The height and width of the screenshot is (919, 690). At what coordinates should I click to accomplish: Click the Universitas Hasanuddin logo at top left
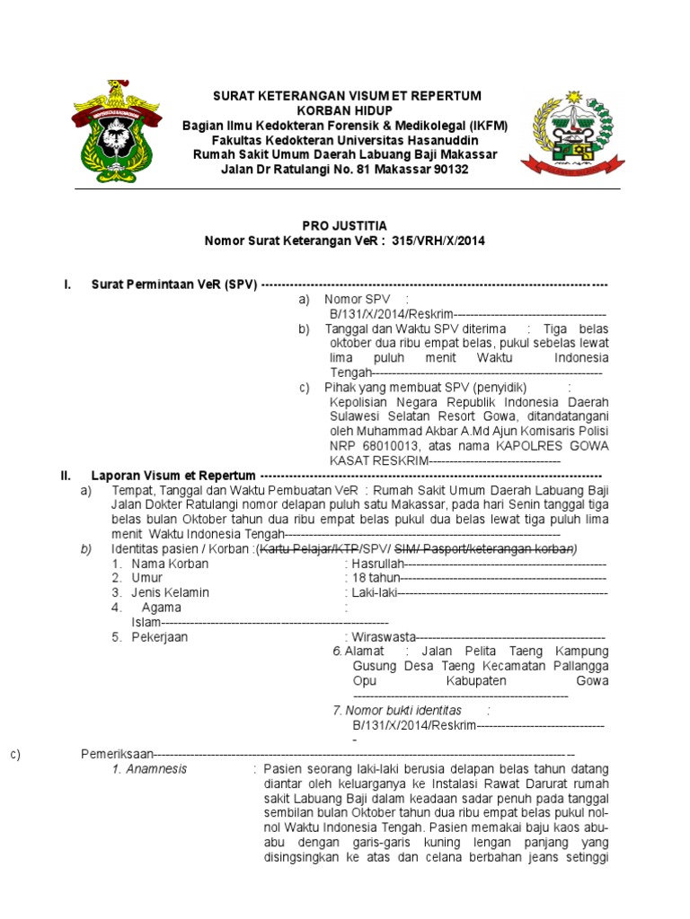pos(113,135)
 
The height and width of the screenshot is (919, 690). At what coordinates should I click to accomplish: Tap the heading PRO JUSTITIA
pos(346,227)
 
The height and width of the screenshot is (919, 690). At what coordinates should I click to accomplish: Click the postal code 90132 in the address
pos(448,170)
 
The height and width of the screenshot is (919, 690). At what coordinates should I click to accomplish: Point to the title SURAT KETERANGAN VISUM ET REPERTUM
pos(346,96)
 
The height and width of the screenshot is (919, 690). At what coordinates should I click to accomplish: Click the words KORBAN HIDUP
pos(346,110)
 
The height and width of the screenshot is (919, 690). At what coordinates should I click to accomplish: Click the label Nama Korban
pos(170,564)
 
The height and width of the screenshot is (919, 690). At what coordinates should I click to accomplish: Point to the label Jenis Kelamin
pos(170,592)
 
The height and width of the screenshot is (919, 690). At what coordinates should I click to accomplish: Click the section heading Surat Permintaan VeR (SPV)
pos(174,285)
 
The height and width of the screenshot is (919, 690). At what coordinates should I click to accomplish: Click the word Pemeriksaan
pos(117,753)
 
